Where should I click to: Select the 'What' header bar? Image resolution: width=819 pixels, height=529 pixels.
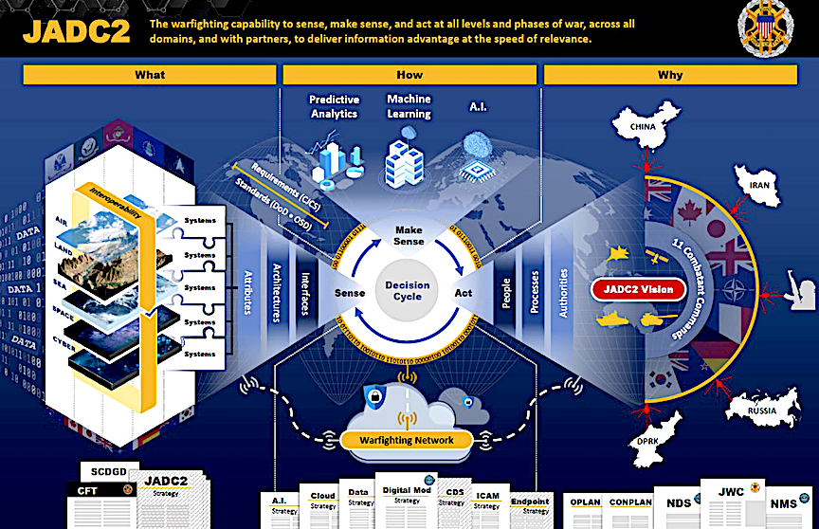tap(150, 75)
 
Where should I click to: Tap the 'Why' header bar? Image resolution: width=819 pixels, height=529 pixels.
tap(669, 75)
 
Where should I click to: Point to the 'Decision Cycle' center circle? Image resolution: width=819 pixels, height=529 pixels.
tap(408, 291)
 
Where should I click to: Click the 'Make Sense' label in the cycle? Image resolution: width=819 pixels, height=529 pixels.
tap(409, 235)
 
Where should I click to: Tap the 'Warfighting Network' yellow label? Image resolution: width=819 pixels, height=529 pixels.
tap(407, 440)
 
